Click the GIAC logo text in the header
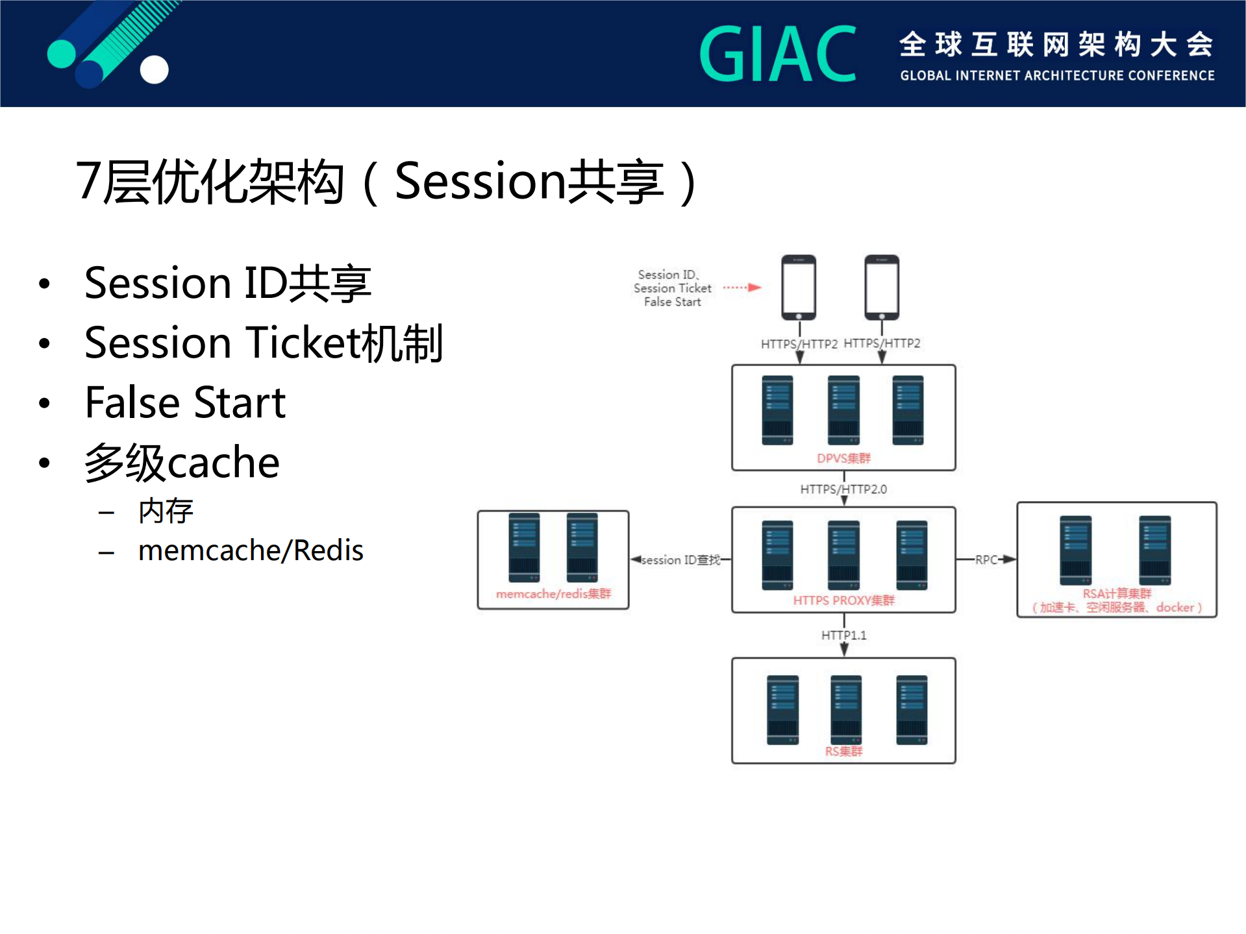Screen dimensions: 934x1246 click(x=777, y=55)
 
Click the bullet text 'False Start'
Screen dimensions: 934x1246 click(x=185, y=402)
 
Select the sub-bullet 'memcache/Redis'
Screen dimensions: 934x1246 click(x=251, y=550)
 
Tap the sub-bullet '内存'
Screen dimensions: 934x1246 click(x=166, y=511)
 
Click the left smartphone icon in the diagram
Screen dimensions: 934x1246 click(x=799, y=287)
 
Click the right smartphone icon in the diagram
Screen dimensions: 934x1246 click(x=882, y=287)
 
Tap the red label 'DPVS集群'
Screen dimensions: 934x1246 click(x=843, y=458)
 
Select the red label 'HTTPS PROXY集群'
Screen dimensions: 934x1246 click(x=843, y=600)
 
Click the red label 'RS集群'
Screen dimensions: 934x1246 click(x=843, y=751)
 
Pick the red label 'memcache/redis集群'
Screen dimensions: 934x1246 click(x=553, y=594)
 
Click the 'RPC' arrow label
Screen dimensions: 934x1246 click(x=986, y=559)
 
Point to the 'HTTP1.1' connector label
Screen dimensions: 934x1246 click(x=843, y=635)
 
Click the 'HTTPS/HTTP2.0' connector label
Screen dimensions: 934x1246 click(x=843, y=489)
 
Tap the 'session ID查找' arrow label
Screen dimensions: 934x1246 click(x=680, y=559)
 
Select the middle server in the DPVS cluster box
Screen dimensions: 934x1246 click(x=843, y=410)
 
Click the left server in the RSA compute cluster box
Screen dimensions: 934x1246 click(x=1075, y=550)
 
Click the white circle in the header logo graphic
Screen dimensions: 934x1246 click(x=155, y=69)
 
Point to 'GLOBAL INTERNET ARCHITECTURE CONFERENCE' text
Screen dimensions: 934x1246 click(x=1056, y=75)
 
